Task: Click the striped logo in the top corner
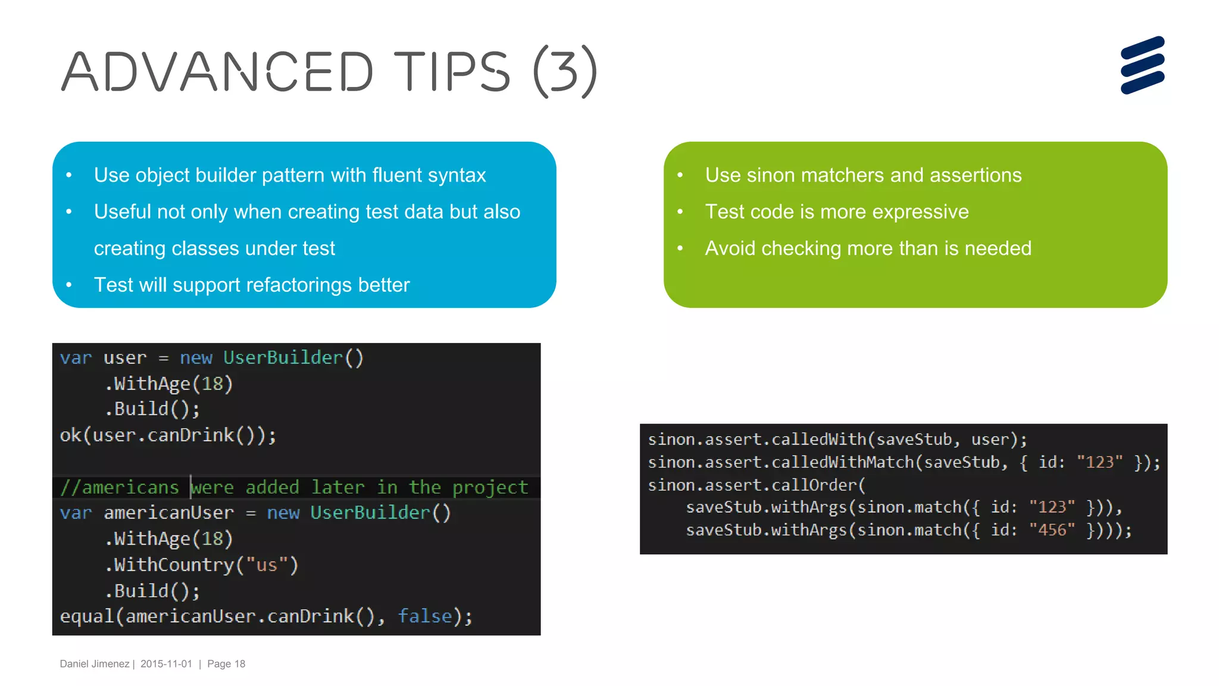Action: pyautogui.click(x=1142, y=65)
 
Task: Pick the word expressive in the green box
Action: pyautogui.click(x=920, y=211)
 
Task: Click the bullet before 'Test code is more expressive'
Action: pyautogui.click(x=680, y=211)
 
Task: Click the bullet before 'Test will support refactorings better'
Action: pyautogui.click(x=69, y=285)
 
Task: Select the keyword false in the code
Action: pyautogui.click(x=425, y=616)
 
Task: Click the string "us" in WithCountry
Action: pyautogui.click(x=267, y=565)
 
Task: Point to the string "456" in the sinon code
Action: pyautogui.click(x=1052, y=529)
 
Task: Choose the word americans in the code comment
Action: pyautogui.click(x=130, y=487)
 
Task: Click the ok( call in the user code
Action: pyautogui.click(x=74, y=435)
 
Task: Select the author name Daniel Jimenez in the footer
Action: pyautogui.click(x=95, y=664)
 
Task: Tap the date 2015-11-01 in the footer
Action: pyautogui.click(x=166, y=664)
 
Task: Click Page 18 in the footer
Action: pyautogui.click(x=226, y=664)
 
